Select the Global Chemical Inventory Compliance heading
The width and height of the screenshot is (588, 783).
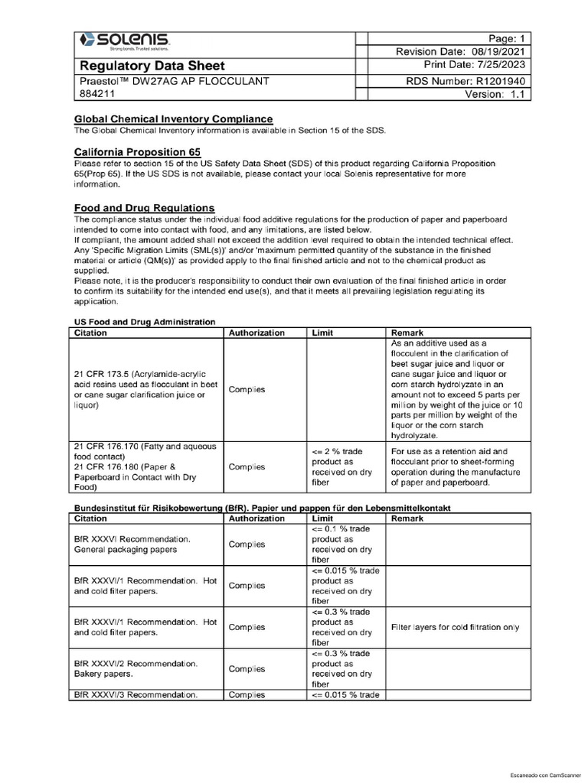pos(172,119)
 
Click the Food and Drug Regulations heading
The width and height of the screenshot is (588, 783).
pos(144,208)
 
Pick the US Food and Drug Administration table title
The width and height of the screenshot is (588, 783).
pos(144,322)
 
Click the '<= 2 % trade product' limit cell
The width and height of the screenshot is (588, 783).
pos(343,466)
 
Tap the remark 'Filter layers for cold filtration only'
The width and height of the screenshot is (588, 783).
pos(455,627)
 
